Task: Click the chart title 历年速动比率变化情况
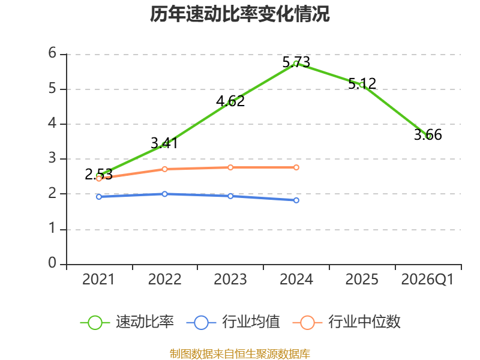coord(239,14)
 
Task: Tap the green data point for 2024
coord(296,64)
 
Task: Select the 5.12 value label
coord(362,83)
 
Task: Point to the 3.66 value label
coord(428,134)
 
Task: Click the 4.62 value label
coord(230,101)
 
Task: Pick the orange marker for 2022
coord(164,169)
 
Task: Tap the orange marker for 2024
coord(296,167)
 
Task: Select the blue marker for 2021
coord(99,197)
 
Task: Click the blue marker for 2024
coord(296,200)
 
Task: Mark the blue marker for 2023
coord(230,196)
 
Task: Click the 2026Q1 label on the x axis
coord(427,280)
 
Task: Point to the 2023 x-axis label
coord(230,280)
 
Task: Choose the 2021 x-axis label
coord(98,280)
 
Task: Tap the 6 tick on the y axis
coord(52,53)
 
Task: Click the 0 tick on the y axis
coord(52,263)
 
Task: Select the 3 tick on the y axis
coord(52,158)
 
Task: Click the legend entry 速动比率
coord(127,322)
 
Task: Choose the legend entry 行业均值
coord(233,322)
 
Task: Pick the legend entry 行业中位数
coord(347,322)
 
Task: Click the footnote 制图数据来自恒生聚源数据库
coord(240,354)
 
